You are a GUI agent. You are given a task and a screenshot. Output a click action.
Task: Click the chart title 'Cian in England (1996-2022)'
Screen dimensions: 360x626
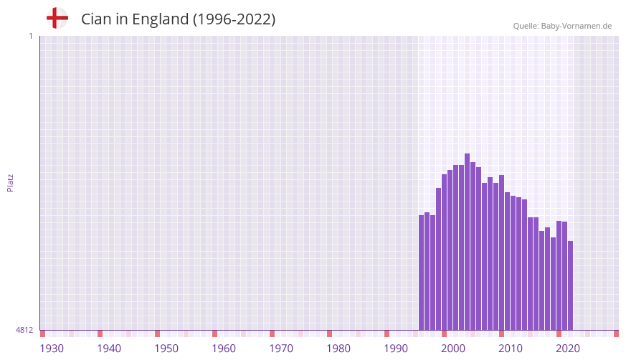coord(178,19)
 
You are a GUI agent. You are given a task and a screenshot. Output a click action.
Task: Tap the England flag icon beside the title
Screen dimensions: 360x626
coord(57,18)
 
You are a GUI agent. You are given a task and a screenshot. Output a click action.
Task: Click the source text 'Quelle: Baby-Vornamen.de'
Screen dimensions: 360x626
coord(562,26)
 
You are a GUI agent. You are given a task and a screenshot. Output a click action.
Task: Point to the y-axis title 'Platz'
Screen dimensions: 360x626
coord(10,182)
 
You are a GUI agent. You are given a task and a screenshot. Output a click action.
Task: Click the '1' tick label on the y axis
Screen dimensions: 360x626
coord(30,36)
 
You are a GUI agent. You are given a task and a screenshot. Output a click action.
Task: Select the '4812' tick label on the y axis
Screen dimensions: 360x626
coord(24,330)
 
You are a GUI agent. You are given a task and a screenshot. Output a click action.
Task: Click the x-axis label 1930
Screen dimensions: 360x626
coord(52,349)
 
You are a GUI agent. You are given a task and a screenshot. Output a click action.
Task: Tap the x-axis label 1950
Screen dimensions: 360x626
coord(166,349)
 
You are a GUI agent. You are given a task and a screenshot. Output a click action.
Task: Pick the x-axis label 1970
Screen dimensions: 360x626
coord(281,349)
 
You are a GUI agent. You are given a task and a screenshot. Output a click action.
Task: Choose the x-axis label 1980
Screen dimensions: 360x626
coord(338,349)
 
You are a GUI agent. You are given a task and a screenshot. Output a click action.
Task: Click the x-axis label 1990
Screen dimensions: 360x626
coord(396,349)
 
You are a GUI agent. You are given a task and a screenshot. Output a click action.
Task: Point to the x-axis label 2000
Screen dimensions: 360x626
coord(453,349)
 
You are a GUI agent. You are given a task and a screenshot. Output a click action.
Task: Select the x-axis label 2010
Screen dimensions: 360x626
coord(511,349)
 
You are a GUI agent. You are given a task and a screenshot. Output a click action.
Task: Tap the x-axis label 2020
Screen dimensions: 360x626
coord(568,349)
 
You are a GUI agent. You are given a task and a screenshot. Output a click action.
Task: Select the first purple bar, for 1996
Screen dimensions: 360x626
coord(422,273)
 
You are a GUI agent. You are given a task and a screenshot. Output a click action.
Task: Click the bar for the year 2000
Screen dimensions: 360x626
coord(445,252)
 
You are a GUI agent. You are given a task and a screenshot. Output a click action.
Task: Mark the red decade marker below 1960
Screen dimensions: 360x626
coord(214,333)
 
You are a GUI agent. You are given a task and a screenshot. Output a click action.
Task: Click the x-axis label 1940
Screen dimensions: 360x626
coord(109,349)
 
